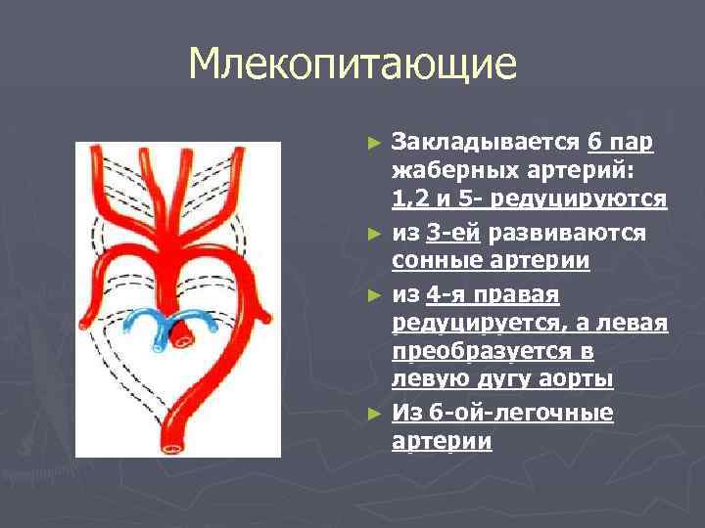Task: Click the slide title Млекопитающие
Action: (x=352, y=66)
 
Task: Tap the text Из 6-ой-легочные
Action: (x=502, y=414)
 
